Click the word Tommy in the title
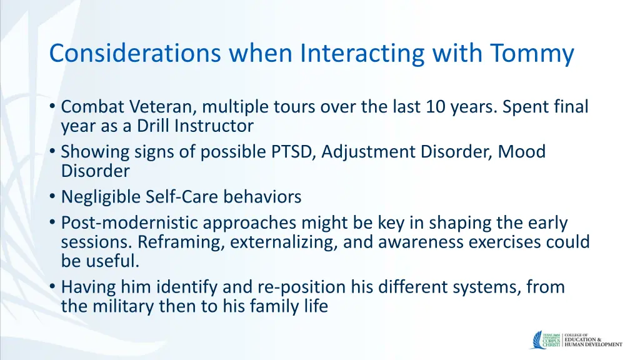coord(532,54)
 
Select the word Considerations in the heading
coord(135,53)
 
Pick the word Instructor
coord(214,126)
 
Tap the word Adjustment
coord(367,152)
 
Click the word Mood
coord(522,152)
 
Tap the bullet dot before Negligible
coord(52,197)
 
